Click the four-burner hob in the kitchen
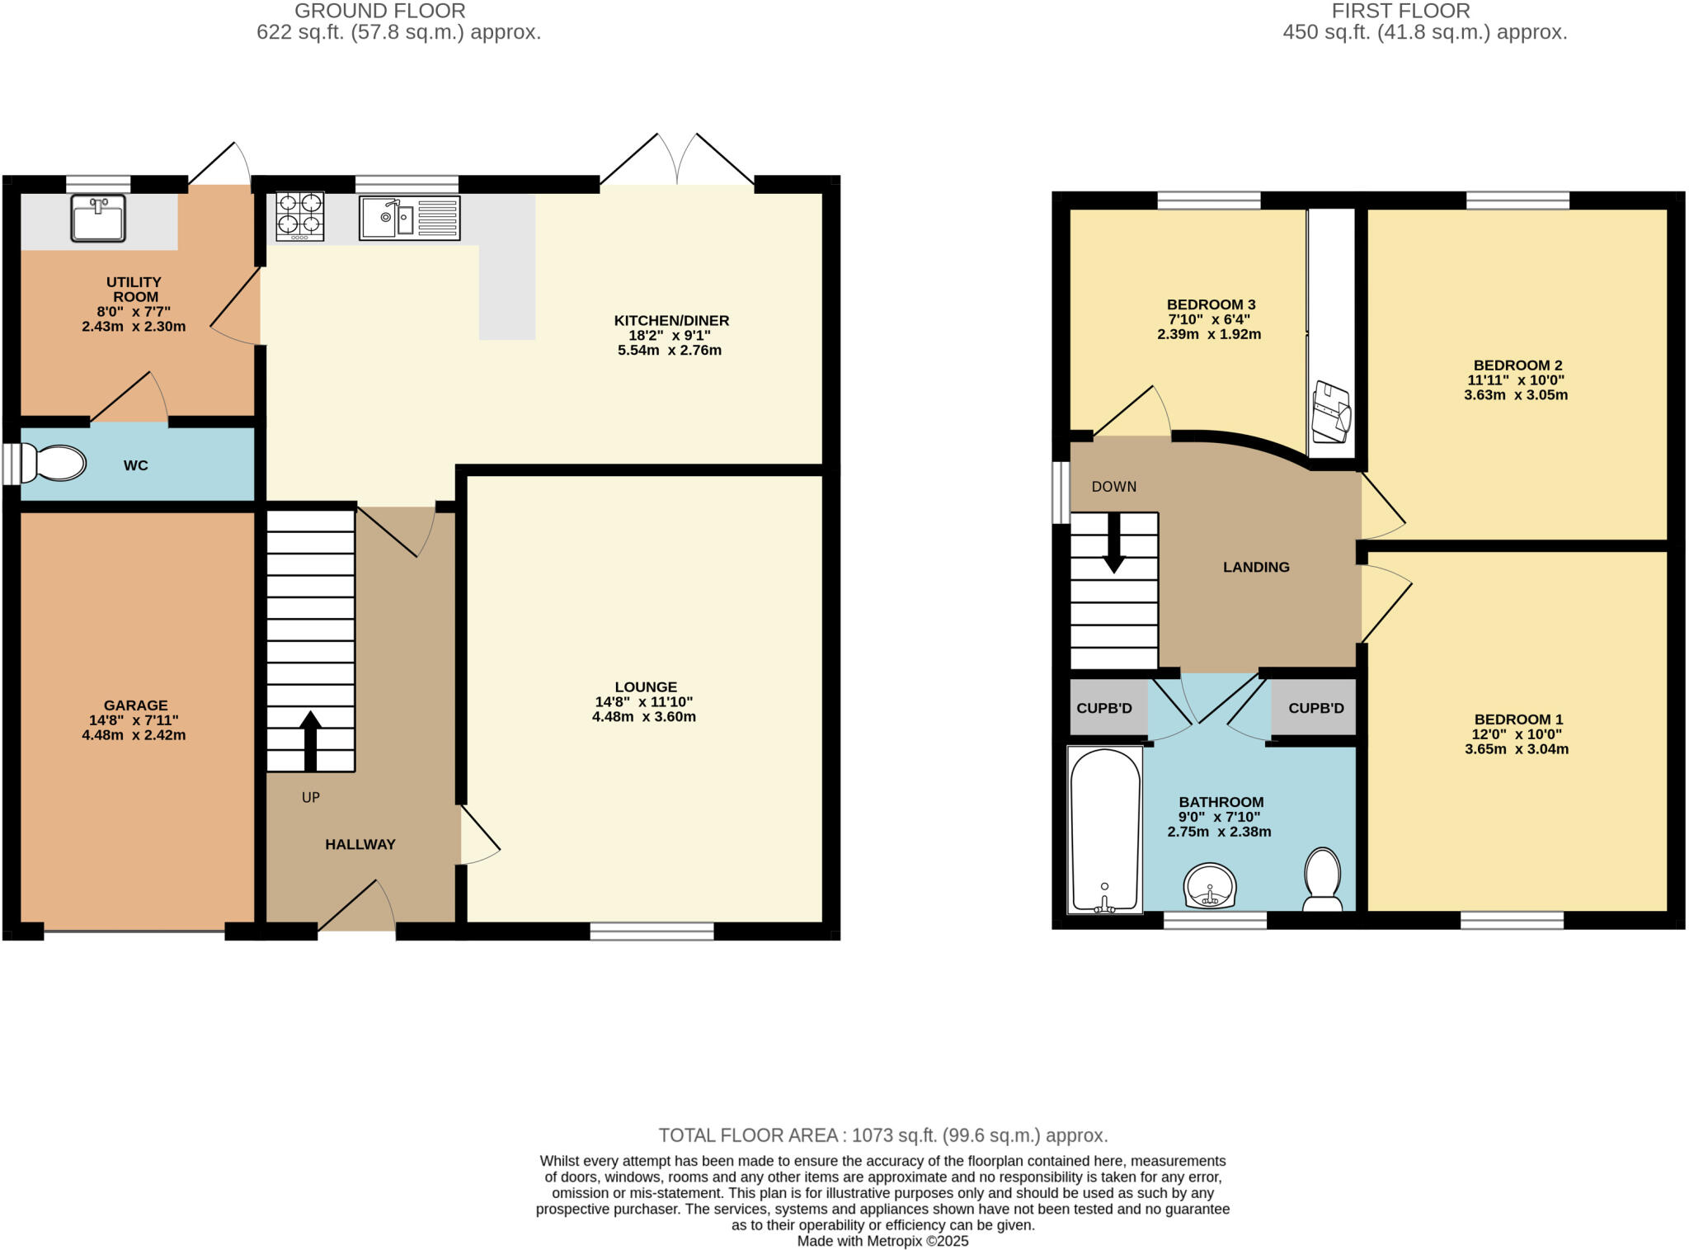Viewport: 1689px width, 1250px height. click(x=299, y=215)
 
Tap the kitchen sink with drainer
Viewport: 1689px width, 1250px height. click(x=409, y=218)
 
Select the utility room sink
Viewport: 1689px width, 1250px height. click(x=98, y=218)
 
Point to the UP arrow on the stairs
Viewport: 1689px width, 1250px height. click(x=310, y=740)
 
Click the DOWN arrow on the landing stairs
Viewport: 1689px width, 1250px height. click(x=1113, y=544)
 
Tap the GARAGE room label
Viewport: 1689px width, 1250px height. click(x=135, y=705)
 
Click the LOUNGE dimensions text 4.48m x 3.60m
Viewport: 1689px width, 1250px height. click(x=644, y=717)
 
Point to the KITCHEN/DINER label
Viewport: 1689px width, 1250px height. click(x=671, y=321)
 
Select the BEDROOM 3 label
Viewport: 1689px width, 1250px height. click(x=1211, y=305)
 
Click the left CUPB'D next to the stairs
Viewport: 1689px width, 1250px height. click(x=1104, y=709)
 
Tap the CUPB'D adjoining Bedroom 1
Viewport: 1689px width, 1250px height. click(x=1315, y=709)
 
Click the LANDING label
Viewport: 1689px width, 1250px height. click(x=1255, y=567)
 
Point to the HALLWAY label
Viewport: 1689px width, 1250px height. click(x=360, y=844)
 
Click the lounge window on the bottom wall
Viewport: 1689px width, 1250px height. click(x=652, y=932)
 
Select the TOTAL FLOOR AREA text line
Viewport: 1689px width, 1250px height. click(x=882, y=1135)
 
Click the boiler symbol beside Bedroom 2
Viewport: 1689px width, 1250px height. click(x=1330, y=410)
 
